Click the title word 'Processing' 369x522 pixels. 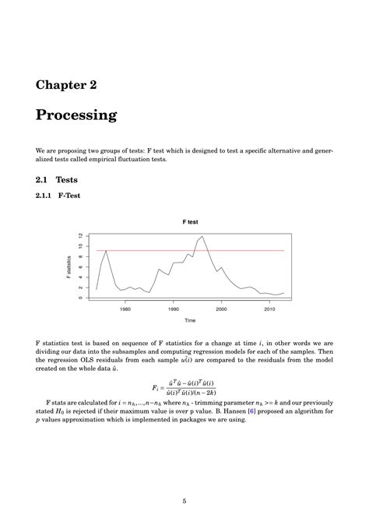pyautogui.click(x=76, y=115)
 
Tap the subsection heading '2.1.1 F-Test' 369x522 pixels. pyautogui.click(x=58, y=196)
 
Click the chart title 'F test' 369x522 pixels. pyautogui.click(x=190, y=222)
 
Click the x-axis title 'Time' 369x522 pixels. pyautogui.click(x=190, y=320)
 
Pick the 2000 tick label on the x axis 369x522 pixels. pyautogui.click(x=221, y=309)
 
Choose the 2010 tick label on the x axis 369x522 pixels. pyautogui.click(x=269, y=309)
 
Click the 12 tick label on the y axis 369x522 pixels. pyautogui.click(x=80, y=235)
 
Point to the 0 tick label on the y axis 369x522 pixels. pyautogui.click(x=80, y=297)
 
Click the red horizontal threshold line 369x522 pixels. pyautogui.click(x=234, y=250)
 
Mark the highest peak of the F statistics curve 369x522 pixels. pyautogui.click(x=202, y=236)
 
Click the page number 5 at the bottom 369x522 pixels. pyautogui.click(x=184, y=502)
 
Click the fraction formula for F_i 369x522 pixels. pyautogui.click(x=184, y=387)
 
